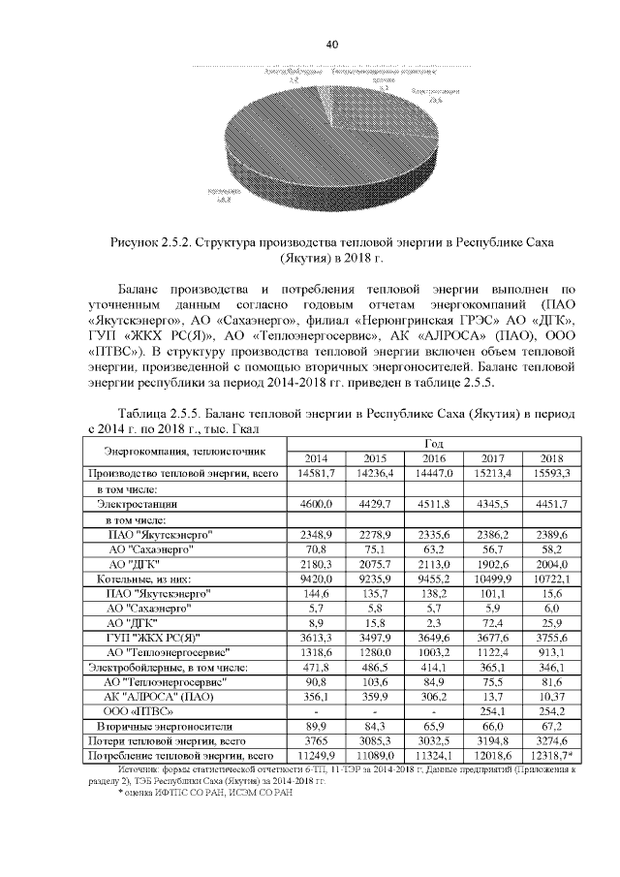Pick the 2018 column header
pos(551,458)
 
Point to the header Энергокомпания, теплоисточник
pos(184,452)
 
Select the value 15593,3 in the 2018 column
pos(551,474)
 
